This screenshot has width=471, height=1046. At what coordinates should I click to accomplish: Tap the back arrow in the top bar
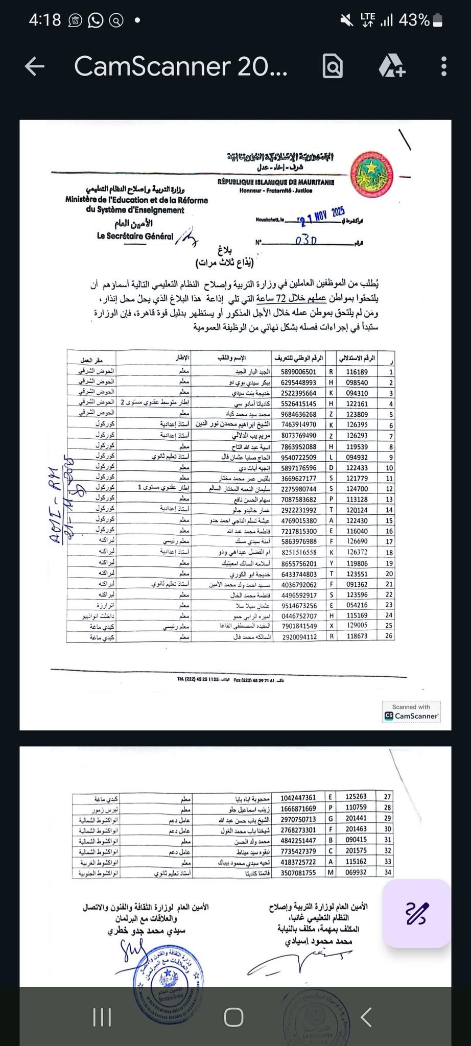[x=35, y=66]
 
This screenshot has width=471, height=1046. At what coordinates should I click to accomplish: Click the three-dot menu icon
[x=443, y=66]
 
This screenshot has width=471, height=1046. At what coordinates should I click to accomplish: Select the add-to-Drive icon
[x=392, y=66]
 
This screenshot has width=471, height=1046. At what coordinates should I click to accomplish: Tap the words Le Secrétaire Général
[x=135, y=236]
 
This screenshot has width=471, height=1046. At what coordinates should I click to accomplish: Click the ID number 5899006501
[x=299, y=372]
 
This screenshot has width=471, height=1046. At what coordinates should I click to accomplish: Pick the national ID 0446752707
[x=299, y=616]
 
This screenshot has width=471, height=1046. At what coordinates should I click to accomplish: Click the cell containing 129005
[x=357, y=626]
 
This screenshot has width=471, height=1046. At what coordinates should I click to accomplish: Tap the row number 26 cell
[x=389, y=636]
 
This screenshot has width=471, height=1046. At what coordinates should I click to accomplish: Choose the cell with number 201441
[x=356, y=819]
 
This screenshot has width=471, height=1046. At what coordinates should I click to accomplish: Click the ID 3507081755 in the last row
[x=298, y=873]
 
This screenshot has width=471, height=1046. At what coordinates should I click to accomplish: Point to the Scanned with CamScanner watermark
[x=411, y=711]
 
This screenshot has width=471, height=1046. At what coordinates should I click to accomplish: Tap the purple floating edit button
[x=416, y=913]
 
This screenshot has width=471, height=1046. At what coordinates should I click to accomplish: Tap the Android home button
[x=234, y=1017]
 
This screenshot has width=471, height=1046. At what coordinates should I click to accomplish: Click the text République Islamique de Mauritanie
[x=276, y=182]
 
